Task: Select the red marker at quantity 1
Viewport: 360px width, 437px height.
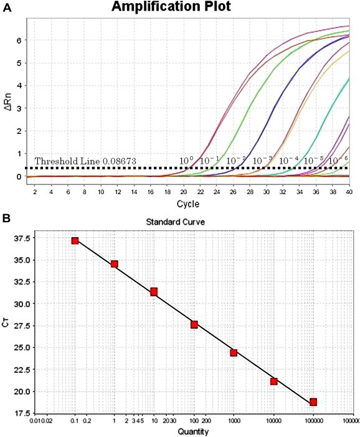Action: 114,264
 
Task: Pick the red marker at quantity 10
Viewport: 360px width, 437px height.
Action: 154,292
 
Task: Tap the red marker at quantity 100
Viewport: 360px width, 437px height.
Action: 194,324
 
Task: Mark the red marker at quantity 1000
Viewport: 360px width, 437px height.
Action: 234,352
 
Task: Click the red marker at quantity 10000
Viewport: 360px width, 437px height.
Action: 273,381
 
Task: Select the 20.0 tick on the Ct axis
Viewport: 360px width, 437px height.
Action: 23,391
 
